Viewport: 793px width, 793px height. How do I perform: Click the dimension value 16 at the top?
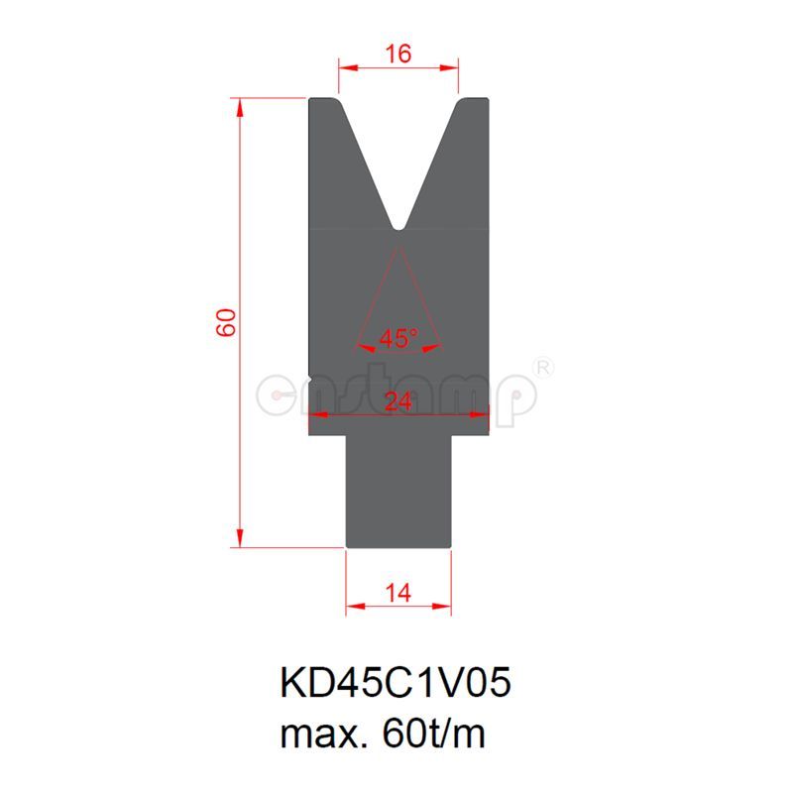click(x=398, y=55)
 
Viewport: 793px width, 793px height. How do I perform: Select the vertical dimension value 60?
click(x=227, y=322)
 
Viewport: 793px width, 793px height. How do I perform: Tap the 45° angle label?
click(x=398, y=339)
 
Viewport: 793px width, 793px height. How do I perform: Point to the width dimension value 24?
click(x=398, y=401)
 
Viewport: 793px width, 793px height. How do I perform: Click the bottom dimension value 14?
click(x=398, y=593)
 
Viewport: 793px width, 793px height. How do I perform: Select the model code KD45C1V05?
click(x=396, y=683)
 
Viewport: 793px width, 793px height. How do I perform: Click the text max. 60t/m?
click(x=385, y=735)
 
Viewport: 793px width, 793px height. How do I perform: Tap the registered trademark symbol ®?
click(x=543, y=367)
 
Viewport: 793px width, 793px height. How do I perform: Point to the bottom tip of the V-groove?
click(x=398, y=228)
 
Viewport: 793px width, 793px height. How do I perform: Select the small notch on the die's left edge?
click(x=311, y=378)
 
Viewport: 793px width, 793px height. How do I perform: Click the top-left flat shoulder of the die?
click(x=323, y=100)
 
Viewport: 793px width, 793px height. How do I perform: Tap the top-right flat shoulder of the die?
click(x=474, y=100)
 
